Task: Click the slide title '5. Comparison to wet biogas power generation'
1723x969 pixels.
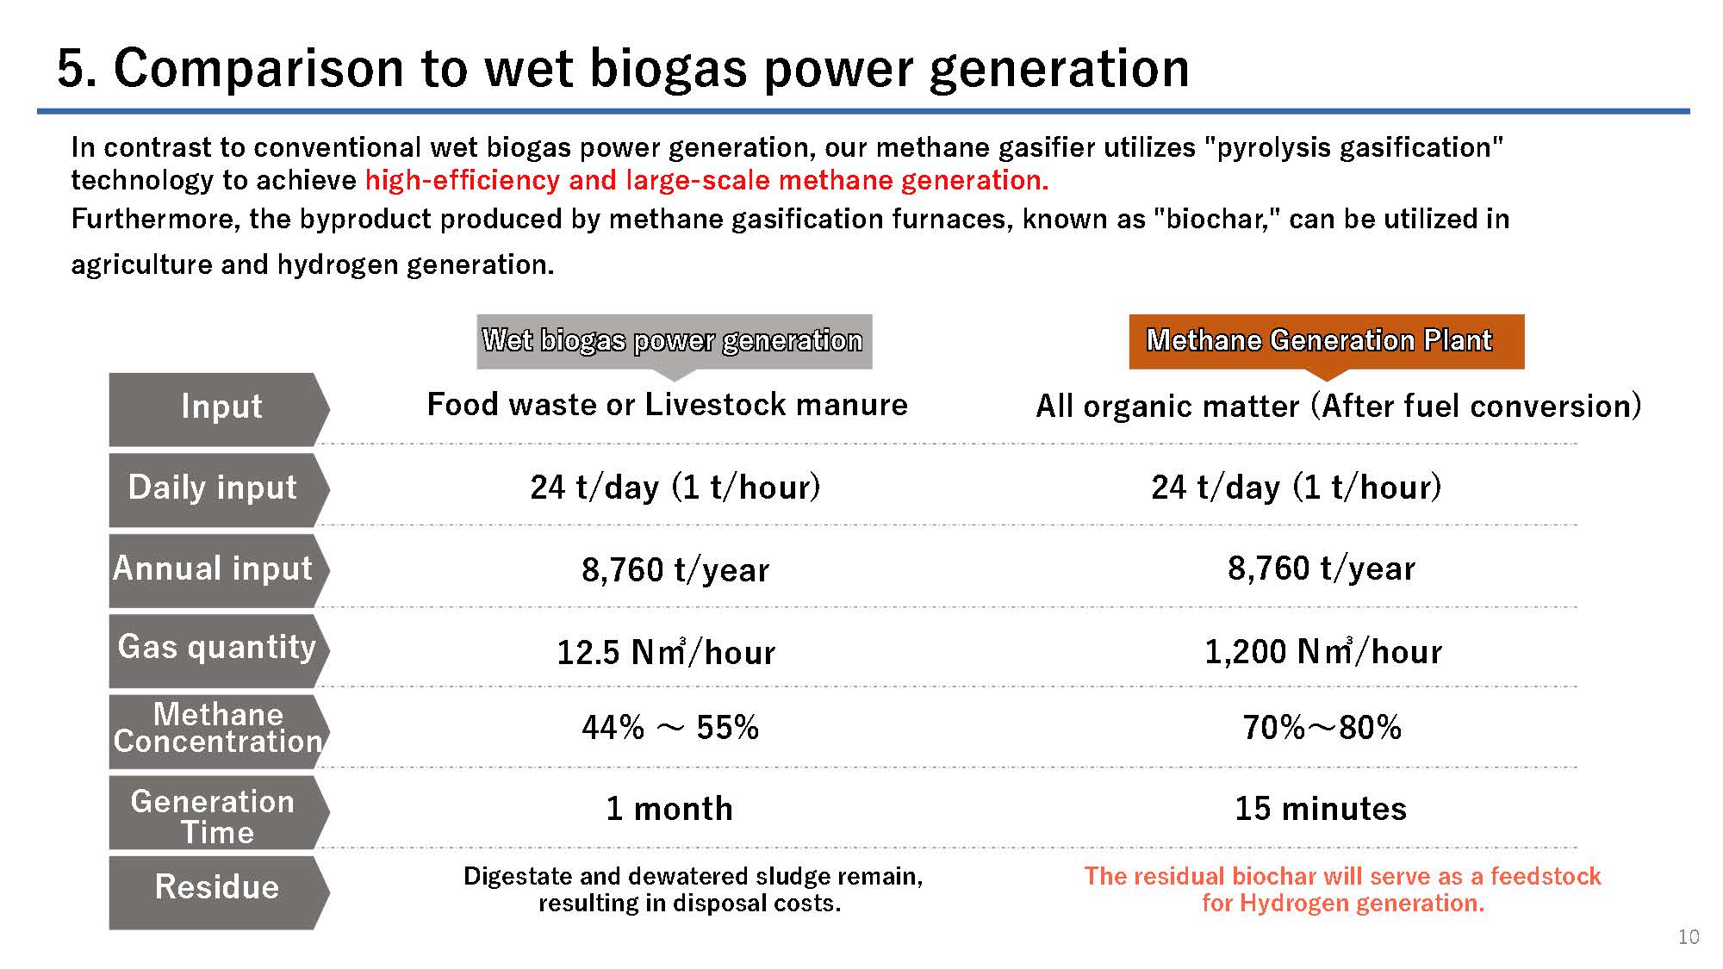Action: [623, 68]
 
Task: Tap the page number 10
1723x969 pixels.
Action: [1689, 937]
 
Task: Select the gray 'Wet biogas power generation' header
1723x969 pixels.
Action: [674, 341]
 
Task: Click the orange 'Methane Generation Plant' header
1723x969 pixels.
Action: [1327, 341]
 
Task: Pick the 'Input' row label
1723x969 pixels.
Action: [221, 407]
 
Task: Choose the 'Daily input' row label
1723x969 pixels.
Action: [213, 488]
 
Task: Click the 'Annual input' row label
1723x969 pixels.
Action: [213, 568]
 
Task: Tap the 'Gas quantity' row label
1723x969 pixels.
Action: [217, 648]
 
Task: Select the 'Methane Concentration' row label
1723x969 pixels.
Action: [217, 728]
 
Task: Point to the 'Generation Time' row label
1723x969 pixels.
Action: [214, 816]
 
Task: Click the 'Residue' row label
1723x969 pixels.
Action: [217, 887]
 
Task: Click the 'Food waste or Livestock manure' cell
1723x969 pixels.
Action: [668, 404]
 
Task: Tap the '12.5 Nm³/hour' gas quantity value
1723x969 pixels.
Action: [666, 651]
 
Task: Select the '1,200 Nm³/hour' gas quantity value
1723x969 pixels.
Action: [1323, 651]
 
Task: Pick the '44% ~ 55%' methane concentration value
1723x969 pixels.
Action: [670, 728]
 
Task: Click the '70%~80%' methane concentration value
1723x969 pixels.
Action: [1322, 728]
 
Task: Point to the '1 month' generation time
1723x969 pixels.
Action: [669, 809]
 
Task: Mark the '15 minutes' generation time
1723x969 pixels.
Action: [1321, 809]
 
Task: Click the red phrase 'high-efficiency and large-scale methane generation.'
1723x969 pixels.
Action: [707, 180]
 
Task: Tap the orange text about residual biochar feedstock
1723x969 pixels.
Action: [1342, 890]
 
